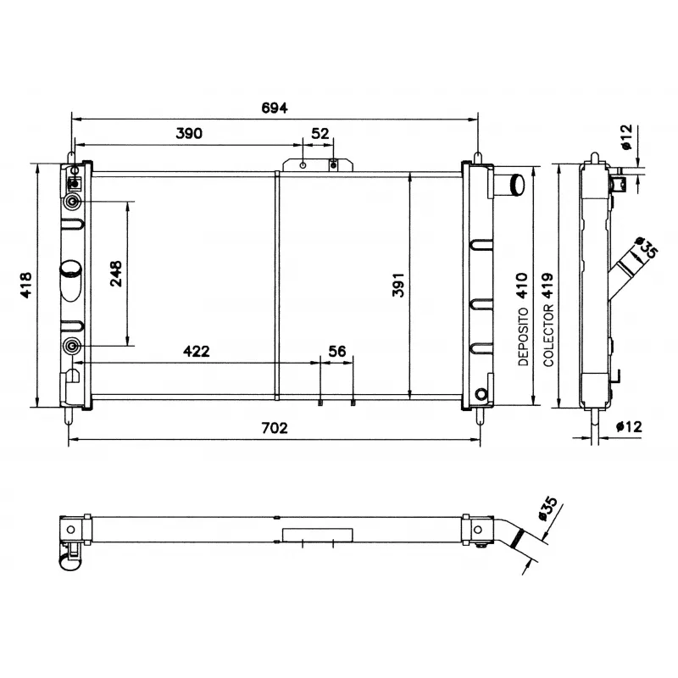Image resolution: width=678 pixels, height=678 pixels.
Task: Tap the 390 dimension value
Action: (x=191, y=133)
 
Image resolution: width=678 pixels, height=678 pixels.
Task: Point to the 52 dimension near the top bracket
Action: (x=320, y=133)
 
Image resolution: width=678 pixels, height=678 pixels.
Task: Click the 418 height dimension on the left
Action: (x=26, y=286)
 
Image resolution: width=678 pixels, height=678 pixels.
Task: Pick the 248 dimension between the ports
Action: (x=116, y=274)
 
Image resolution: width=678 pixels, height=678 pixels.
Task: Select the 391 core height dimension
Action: (x=398, y=286)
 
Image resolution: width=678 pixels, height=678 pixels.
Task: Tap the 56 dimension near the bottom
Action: (x=336, y=351)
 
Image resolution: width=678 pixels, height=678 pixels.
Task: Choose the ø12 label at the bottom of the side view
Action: (x=628, y=426)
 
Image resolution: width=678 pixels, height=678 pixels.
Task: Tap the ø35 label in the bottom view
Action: (x=547, y=512)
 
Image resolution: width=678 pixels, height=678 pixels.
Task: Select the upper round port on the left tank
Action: (x=74, y=202)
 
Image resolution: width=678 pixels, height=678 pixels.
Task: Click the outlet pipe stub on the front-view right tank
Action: (x=512, y=183)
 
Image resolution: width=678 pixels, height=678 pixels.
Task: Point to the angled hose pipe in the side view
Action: (x=627, y=270)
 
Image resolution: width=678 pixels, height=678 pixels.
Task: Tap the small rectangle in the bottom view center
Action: (x=316, y=536)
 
